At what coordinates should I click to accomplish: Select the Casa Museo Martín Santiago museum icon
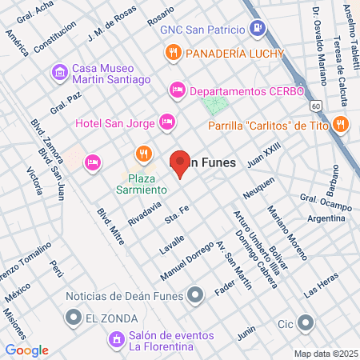60,73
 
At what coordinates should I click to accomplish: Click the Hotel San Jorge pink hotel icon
167,122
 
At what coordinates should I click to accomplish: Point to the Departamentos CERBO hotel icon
178,90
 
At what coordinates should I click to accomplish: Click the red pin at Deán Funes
179,163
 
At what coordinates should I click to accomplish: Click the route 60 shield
317,105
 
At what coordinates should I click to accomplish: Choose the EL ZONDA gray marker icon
73,319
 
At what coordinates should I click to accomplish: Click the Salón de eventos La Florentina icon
117,339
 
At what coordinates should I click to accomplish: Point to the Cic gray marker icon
306,323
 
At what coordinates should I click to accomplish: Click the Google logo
26,350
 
